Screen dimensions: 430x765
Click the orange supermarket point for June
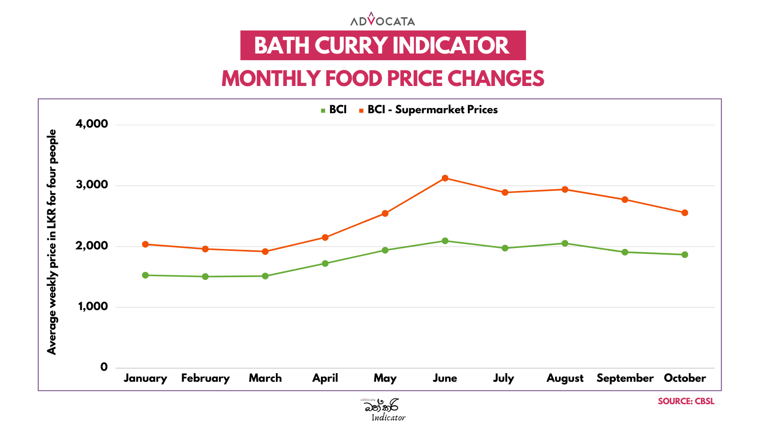445,178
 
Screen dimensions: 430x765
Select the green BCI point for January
145,275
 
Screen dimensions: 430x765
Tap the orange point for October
685,213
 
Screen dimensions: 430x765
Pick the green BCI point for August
565,243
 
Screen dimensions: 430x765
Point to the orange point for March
265,251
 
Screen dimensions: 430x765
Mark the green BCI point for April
325,263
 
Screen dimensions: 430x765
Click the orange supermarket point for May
385,214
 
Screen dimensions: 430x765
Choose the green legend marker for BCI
323,110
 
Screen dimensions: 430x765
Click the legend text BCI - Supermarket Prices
432,110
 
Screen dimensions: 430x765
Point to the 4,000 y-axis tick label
92,124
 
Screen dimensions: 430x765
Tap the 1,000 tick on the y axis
93,307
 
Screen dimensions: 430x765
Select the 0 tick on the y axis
104,367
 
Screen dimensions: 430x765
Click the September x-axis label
625,378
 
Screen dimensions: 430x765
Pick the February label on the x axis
206,378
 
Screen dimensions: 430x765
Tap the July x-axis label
504,378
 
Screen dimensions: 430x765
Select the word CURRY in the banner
351,46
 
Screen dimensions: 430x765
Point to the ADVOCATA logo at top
382,20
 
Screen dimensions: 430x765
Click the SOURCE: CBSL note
686,401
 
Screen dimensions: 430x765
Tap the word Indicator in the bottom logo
388,418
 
